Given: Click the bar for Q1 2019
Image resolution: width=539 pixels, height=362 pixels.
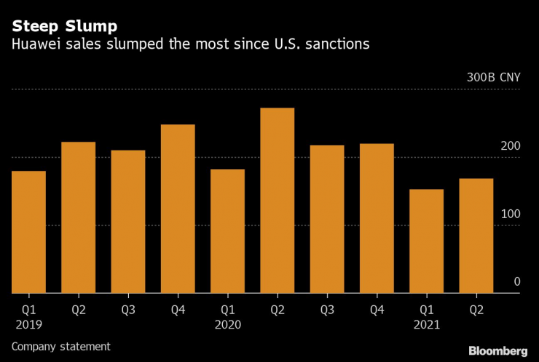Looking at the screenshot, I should pos(29,232).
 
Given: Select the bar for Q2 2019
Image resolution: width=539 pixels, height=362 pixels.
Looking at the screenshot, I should pos(79,217).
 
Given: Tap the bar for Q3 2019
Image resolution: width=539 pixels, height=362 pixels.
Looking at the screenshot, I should pos(128,222).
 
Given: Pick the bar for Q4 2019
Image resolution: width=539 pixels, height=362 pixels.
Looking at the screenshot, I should pos(178,209).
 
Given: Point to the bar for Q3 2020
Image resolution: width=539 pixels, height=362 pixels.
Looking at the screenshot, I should pos(326,219).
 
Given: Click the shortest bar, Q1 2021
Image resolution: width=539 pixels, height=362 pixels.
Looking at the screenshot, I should pos(426,241).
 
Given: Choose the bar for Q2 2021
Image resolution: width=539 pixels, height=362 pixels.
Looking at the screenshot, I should pos(476,236).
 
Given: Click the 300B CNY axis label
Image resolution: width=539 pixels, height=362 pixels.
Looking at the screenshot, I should pos(493,79).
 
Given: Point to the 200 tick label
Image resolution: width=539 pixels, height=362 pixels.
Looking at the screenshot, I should pos(511,147).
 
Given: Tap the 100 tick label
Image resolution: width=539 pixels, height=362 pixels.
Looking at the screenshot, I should pos(511,214).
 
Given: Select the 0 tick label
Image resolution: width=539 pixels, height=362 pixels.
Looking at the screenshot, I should pos(516,282).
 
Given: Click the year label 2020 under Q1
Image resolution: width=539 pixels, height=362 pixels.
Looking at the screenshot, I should pos(227,324).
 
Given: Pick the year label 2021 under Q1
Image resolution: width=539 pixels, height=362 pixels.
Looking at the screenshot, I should pos(426,324).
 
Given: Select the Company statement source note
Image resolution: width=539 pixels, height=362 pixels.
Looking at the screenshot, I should pos(60,347).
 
